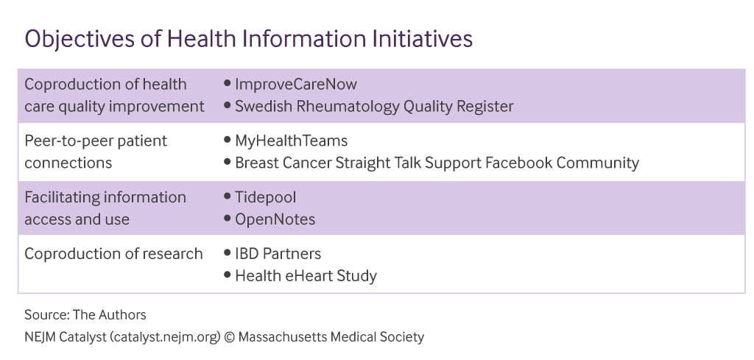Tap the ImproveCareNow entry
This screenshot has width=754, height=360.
click(296, 84)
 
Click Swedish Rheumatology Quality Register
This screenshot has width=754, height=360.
click(374, 106)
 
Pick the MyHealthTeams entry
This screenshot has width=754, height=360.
click(291, 141)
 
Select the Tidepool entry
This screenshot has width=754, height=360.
click(267, 197)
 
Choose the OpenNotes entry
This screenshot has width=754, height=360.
click(275, 219)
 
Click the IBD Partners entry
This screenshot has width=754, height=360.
click(278, 254)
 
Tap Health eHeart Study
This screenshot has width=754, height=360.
click(306, 276)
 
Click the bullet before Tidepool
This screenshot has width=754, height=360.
click(228, 197)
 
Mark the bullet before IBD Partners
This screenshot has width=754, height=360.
click(228, 254)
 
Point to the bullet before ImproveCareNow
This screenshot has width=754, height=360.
click(228, 84)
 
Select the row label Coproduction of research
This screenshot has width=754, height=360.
click(113, 254)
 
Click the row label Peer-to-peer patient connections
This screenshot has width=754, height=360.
click(96, 152)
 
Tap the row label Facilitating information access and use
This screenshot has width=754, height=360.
click(105, 208)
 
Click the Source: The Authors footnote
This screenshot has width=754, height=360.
click(85, 315)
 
